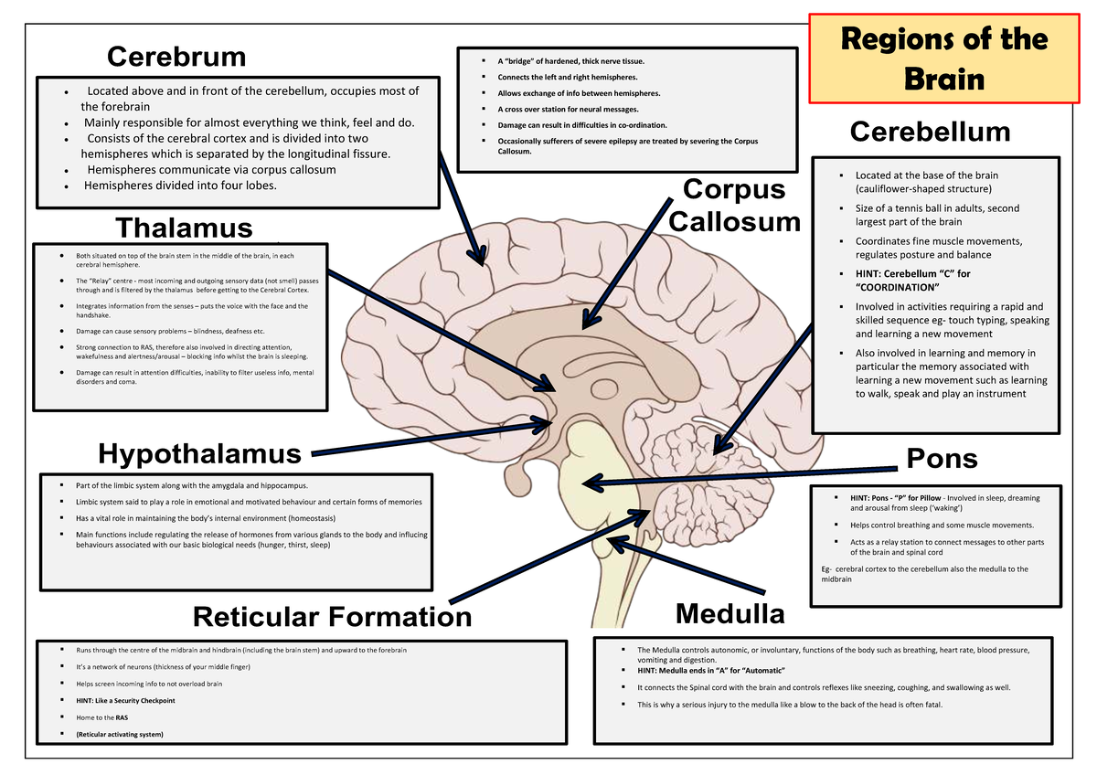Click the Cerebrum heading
176,57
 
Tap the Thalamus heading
184,227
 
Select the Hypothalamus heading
199,453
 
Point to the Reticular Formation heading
333,617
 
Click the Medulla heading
730,613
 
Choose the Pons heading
942,458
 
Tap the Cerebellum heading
930,132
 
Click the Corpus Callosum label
734,206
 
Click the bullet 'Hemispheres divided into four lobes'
179,186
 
